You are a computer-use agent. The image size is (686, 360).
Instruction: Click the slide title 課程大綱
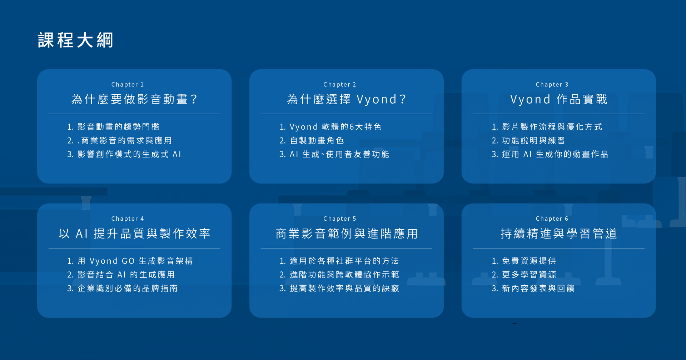(75, 40)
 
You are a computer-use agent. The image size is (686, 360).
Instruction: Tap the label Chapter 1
(128, 85)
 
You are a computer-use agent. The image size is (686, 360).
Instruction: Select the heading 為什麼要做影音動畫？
(134, 99)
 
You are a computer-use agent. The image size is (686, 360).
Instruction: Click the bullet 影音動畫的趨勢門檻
(113, 127)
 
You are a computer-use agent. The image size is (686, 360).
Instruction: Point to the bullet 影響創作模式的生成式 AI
(124, 154)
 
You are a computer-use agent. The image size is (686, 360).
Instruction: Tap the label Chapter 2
(340, 85)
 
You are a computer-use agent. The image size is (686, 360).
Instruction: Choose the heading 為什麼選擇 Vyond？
(347, 99)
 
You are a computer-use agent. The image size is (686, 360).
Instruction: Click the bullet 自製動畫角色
(312, 141)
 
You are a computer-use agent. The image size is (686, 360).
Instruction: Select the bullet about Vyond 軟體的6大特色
(330, 127)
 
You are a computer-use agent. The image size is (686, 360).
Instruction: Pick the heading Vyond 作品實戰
(559, 99)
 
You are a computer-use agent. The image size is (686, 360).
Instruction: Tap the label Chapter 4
(128, 219)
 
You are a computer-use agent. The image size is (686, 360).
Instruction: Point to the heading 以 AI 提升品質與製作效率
(134, 234)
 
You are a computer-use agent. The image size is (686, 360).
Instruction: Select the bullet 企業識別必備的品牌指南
(123, 289)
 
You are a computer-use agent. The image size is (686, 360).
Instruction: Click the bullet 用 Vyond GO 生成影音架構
(130, 261)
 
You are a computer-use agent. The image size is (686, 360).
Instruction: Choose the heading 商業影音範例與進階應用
(347, 234)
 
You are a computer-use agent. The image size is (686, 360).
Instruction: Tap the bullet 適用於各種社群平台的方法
(339, 261)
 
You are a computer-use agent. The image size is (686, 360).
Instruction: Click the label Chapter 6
(552, 219)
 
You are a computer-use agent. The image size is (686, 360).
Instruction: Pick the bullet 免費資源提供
(524, 261)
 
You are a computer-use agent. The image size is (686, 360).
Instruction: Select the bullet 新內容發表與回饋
(533, 289)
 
